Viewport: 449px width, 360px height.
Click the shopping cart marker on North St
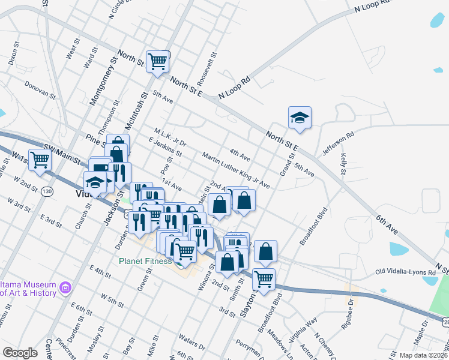pyautogui.click(x=158, y=61)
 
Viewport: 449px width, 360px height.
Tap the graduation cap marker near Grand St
pyautogui.click(x=300, y=118)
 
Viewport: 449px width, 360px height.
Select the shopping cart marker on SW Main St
pyautogui.click(x=40, y=160)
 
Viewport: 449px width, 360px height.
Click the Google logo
pyautogui.click(x=20, y=353)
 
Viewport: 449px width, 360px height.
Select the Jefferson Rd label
pyautogui.click(x=339, y=144)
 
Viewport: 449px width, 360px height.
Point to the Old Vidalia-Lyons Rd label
pyautogui.click(x=406, y=272)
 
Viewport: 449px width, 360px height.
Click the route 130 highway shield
pyautogui.click(x=47, y=191)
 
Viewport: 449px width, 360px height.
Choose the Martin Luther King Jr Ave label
pyautogui.click(x=236, y=170)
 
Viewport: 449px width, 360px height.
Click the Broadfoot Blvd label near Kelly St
pyautogui.click(x=312, y=227)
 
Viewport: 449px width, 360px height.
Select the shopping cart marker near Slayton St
pyautogui.click(x=264, y=279)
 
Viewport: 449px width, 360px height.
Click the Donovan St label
pyautogui.click(x=40, y=91)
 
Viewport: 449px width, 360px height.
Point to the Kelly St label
pyautogui.click(x=343, y=163)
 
